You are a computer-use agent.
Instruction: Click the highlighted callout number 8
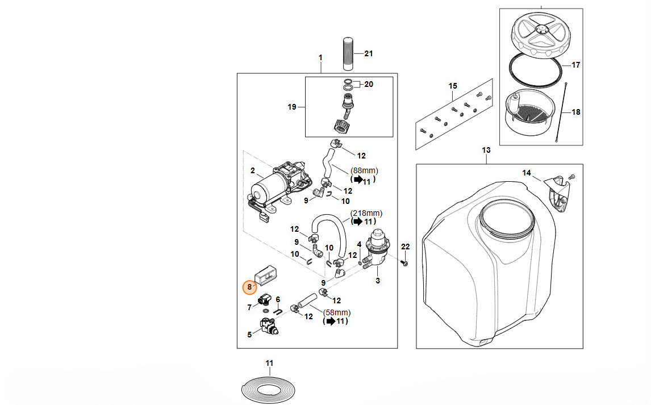point(249,287)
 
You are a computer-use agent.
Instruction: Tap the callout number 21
point(368,53)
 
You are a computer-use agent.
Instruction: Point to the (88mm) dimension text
point(364,170)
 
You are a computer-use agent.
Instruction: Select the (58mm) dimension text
point(337,312)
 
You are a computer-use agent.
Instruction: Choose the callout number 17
point(575,65)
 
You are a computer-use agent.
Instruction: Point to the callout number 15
point(453,86)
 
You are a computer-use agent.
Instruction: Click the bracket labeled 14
point(556,193)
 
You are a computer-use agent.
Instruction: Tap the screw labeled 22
point(404,264)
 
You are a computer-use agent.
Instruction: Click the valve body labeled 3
point(376,249)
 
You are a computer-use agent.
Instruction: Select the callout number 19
point(292,107)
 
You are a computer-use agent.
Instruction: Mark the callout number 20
point(368,85)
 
